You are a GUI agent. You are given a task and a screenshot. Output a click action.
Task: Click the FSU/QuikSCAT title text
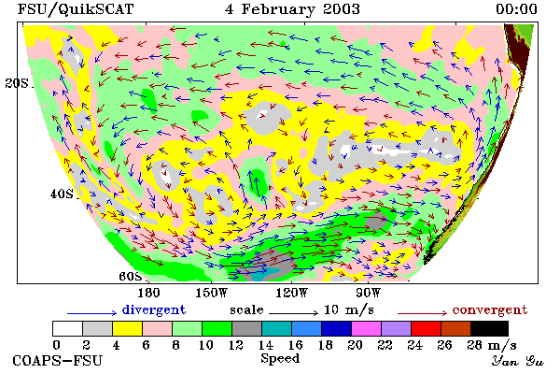point(76,9)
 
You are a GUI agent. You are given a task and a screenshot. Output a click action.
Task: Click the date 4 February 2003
point(292,9)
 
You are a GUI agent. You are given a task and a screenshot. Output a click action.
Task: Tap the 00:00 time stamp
point(516,9)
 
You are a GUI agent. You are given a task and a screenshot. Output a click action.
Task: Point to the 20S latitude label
point(17,83)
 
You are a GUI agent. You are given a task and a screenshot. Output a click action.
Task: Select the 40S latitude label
point(62,194)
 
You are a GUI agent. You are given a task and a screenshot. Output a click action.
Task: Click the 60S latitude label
point(131,277)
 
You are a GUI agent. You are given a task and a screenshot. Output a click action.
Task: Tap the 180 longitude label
point(148,293)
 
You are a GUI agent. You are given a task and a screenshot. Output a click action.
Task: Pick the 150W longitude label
point(212,293)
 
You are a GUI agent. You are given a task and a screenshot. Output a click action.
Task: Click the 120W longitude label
point(291,293)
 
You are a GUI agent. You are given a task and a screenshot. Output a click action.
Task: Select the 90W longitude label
point(369,293)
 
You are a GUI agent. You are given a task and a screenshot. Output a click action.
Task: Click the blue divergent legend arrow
point(92,313)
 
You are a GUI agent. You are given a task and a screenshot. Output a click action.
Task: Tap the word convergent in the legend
point(490,309)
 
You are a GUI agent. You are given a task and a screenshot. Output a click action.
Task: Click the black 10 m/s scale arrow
point(293,313)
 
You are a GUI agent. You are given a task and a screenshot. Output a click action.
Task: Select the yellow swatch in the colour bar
point(127,328)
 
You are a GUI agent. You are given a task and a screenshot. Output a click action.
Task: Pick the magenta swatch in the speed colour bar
point(367,328)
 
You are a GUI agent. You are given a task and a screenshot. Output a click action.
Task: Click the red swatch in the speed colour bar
point(427,328)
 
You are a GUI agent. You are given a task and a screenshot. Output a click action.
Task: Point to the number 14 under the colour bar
point(265,345)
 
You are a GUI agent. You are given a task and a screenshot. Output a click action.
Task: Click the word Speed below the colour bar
point(280,359)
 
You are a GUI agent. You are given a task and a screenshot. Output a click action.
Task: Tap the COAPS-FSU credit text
point(57,360)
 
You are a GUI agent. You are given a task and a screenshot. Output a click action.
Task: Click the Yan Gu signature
point(518,361)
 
